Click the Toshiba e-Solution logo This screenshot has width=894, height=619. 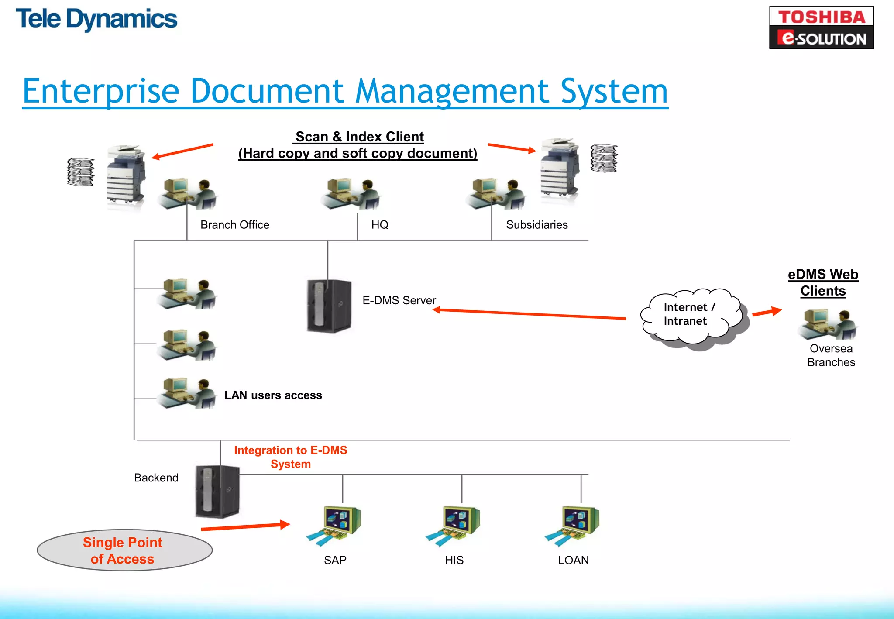coord(821,28)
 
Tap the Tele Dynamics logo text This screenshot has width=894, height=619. coord(96,19)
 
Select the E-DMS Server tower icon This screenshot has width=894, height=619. coord(329,306)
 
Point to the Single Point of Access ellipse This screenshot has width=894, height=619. coord(124,550)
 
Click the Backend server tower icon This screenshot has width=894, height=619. coord(217,491)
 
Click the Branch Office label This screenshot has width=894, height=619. coord(235,225)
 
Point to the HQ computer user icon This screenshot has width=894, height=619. coord(351,193)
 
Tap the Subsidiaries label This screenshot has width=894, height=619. coord(536,225)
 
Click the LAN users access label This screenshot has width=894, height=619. coord(273,395)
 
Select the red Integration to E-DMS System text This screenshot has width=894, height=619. coord(290,457)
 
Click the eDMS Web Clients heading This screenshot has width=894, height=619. coord(823,282)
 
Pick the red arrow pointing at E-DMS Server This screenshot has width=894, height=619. coord(528,314)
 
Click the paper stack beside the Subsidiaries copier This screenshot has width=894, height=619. coord(604,158)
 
